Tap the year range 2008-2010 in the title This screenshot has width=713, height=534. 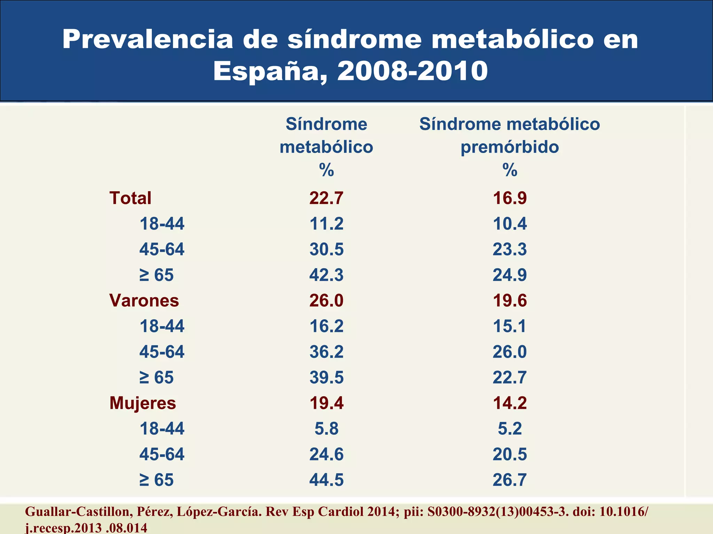[412, 71]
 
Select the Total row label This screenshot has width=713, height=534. [130, 198]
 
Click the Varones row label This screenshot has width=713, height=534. [144, 300]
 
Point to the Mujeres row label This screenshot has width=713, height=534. [142, 403]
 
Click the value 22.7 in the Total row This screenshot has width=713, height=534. [326, 198]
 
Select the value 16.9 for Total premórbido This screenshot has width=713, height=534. [510, 198]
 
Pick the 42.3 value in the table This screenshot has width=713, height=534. [326, 275]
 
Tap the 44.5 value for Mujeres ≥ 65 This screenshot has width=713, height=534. [326, 480]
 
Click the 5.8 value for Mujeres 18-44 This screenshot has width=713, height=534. [326, 429]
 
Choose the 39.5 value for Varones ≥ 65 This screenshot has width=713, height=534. [326, 378]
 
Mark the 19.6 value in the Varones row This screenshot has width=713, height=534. [510, 300]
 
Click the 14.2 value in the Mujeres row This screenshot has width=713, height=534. [510, 403]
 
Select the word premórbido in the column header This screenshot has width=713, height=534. [510, 147]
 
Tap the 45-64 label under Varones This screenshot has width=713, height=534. [162, 352]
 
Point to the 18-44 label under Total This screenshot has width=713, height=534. [162, 224]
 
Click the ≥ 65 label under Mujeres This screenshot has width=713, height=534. [156, 480]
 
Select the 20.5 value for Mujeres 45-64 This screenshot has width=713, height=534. [510, 454]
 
